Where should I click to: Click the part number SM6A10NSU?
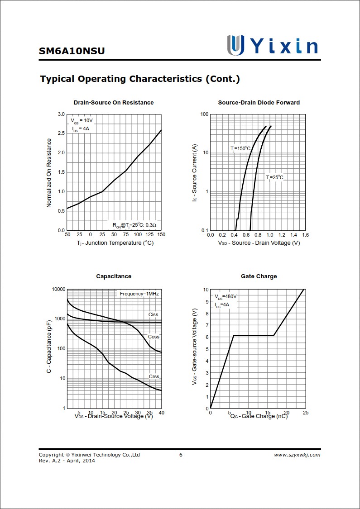[x=72, y=51]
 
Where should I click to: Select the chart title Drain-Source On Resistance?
[x=114, y=103]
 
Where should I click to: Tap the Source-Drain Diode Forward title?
[x=259, y=103]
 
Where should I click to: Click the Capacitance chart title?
[x=114, y=276]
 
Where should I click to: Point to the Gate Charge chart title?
[x=259, y=276]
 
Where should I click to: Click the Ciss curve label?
[x=154, y=314]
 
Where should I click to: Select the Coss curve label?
[x=154, y=337]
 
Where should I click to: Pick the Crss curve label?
[x=154, y=376]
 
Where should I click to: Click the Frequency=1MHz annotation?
[x=139, y=294]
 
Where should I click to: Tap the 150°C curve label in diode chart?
[x=240, y=148]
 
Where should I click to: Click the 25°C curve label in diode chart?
[x=274, y=177]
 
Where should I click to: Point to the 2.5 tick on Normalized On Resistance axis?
[x=61, y=133]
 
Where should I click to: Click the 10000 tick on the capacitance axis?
[x=58, y=289]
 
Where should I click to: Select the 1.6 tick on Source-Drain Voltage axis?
[x=305, y=235]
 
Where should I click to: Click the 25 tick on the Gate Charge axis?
[x=305, y=413]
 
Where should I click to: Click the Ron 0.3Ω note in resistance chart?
[x=134, y=225]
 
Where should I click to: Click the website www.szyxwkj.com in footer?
[x=297, y=455]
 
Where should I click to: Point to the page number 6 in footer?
[x=181, y=455]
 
